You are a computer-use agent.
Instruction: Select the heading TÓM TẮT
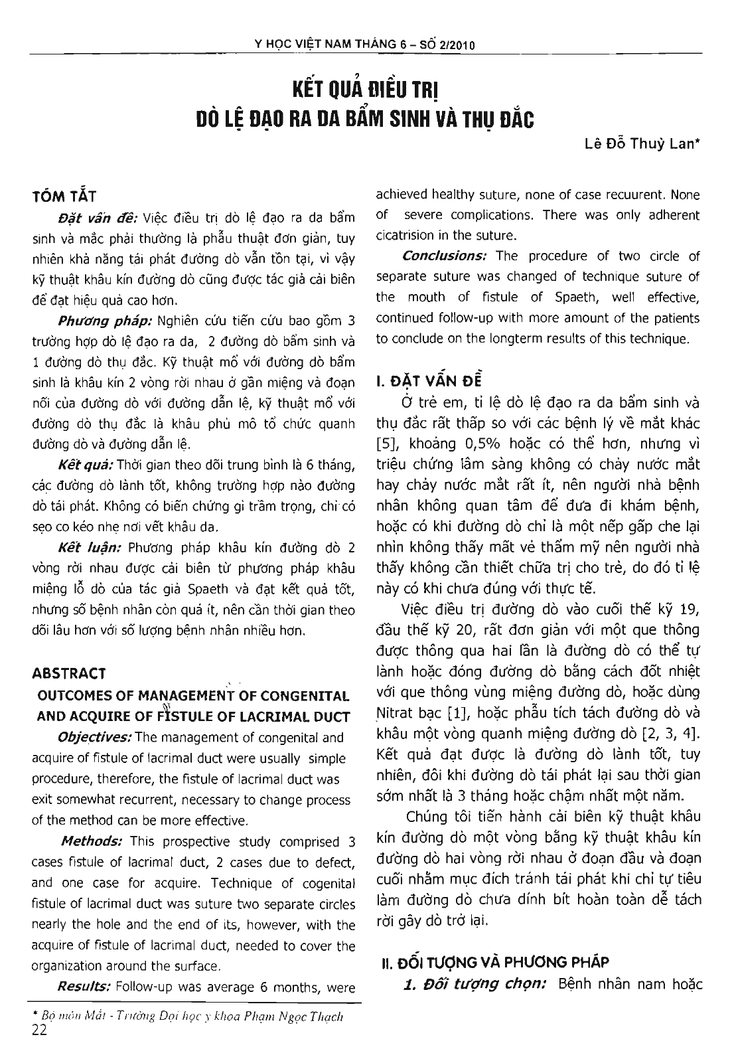coord(64,197)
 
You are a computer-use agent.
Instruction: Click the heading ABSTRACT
coord(69,674)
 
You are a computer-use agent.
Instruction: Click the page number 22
coord(38,1030)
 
